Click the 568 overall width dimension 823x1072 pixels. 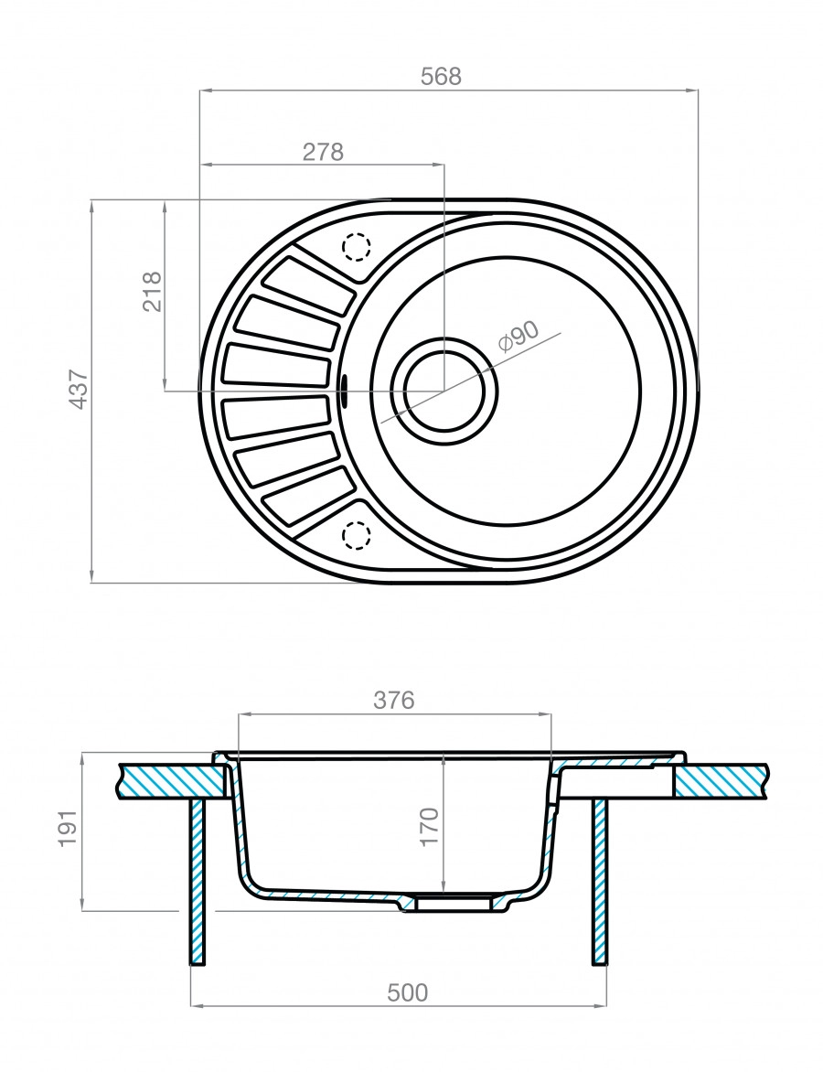pos(441,77)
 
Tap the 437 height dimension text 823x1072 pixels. pos(79,389)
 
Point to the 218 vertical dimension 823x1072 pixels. pos(152,292)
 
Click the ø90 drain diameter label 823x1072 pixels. pos(518,338)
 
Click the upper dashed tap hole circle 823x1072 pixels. pos(356,246)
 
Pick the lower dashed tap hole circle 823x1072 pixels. pos(356,534)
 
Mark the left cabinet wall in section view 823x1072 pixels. pos(197,878)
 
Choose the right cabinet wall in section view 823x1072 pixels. pos(600,878)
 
